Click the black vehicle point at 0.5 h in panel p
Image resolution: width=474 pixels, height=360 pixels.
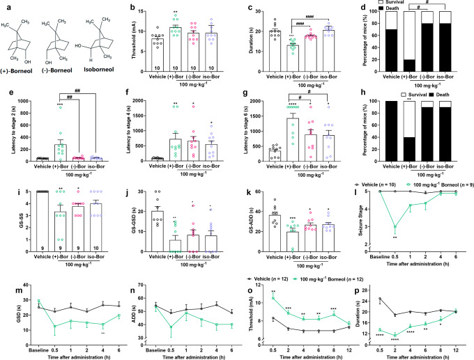pyautogui.click(x=380, y=299)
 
